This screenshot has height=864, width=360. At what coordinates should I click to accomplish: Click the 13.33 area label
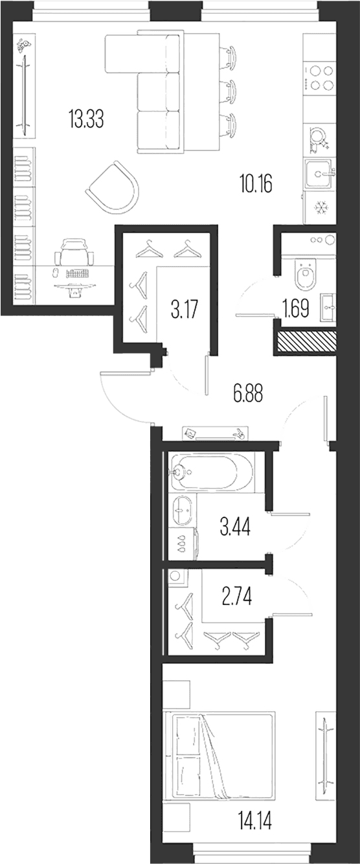[x=86, y=119]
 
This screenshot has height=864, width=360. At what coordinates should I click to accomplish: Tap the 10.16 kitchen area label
[x=256, y=183]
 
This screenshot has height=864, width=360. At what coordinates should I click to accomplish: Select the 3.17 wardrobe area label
[x=185, y=310]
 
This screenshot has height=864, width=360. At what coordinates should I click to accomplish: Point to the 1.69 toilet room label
[x=296, y=309]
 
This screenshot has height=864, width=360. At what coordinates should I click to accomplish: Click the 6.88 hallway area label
[x=248, y=394]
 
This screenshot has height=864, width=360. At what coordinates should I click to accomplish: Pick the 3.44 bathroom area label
[x=235, y=527]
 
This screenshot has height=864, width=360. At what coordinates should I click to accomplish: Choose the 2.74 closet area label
[x=237, y=597]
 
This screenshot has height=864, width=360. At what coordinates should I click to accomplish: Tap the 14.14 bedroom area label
[x=254, y=821]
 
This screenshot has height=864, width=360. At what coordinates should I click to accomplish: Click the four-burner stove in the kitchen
[x=319, y=78]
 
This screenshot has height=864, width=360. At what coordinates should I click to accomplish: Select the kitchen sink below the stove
[x=319, y=174]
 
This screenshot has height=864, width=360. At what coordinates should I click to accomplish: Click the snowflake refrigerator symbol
[x=320, y=209]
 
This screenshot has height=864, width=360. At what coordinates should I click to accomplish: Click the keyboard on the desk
[x=78, y=273]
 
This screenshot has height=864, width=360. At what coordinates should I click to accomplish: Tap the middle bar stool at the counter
[x=228, y=90]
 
